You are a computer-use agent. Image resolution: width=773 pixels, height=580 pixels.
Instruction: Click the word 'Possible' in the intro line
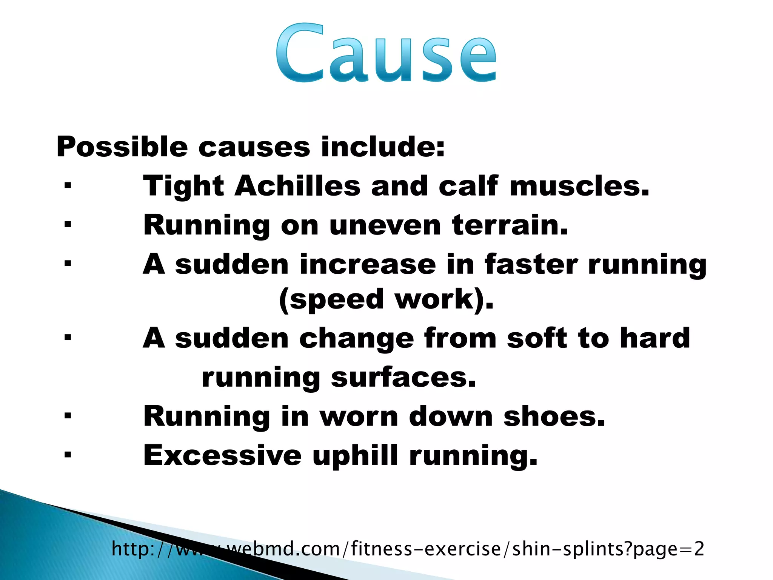click(x=122, y=147)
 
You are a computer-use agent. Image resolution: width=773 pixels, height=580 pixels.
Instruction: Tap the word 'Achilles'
click(x=297, y=186)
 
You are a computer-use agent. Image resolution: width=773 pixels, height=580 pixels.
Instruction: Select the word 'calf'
click(x=468, y=186)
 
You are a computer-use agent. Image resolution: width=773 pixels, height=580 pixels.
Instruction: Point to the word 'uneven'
click(x=385, y=225)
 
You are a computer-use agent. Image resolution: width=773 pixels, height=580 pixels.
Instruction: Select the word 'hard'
click(x=655, y=338)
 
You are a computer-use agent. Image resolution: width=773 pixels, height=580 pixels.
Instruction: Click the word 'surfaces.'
click(x=403, y=377)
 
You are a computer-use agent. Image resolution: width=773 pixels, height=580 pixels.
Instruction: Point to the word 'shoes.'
click(x=554, y=416)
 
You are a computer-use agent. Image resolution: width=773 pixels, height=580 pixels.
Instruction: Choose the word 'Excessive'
click(x=223, y=455)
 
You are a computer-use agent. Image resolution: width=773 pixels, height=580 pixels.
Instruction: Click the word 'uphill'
click(x=355, y=455)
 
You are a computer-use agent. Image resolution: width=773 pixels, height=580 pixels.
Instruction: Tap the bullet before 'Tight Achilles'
click(x=68, y=186)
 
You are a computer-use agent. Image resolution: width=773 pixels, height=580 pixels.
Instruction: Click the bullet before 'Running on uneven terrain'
click(x=68, y=225)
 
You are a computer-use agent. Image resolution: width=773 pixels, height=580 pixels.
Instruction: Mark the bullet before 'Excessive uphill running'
click(x=68, y=455)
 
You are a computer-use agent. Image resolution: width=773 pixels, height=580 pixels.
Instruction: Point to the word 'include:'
click(x=383, y=147)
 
